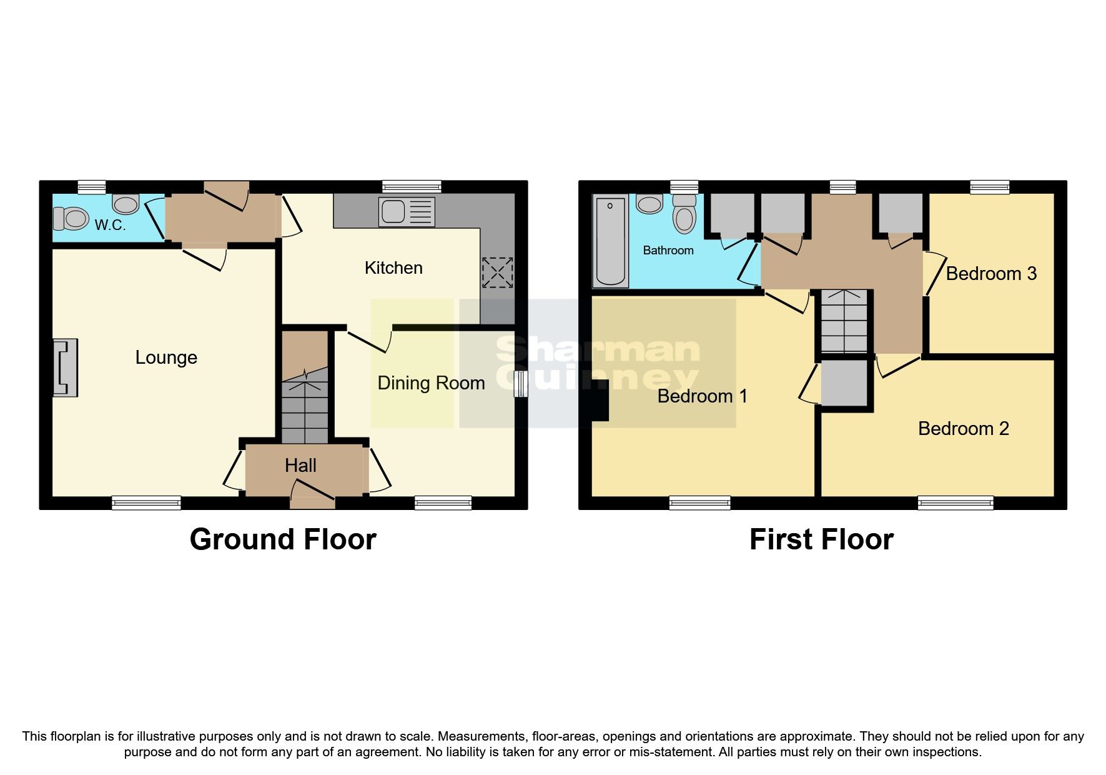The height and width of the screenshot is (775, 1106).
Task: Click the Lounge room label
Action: (x=166, y=357)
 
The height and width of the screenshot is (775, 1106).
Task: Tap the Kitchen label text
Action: (x=393, y=268)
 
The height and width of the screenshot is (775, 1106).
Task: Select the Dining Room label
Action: (x=431, y=383)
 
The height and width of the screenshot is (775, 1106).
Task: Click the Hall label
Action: (x=300, y=466)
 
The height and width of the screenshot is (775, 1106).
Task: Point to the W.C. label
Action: (x=110, y=225)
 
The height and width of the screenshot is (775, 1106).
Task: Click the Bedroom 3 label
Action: (x=991, y=274)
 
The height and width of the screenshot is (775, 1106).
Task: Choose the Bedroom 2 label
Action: (x=963, y=429)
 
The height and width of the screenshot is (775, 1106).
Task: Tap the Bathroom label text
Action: (x=668, y=251)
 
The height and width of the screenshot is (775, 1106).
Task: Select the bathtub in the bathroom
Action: (x=610, y=241)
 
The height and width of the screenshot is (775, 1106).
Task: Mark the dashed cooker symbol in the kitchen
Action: (x=498, y=272)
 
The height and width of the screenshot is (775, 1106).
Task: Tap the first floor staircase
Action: (x=844, y=321)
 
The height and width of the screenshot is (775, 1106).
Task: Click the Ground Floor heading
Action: (x=283, y=539)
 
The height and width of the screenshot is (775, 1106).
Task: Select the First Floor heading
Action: (x=821, y=539)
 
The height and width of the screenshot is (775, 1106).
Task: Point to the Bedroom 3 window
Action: (x=990, y=187)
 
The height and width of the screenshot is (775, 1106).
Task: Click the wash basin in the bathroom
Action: (x=649, y=204)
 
